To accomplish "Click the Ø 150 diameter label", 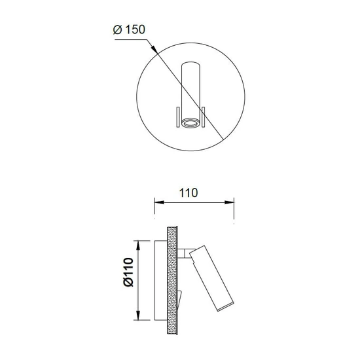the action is coord(129,29).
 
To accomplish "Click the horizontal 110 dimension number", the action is coord(188,193).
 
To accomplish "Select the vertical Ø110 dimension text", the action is coord(128,272).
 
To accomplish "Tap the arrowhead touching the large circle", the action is coord(154,49).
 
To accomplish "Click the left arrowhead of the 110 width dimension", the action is coord(159,202).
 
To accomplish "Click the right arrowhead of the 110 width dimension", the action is coord(229,202).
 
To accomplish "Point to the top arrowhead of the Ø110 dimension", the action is coord(137,245).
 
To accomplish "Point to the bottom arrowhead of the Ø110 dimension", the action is coord(137,315).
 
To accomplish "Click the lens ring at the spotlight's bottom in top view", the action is coord(190,123).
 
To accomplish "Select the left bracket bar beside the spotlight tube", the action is coord(177,117).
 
